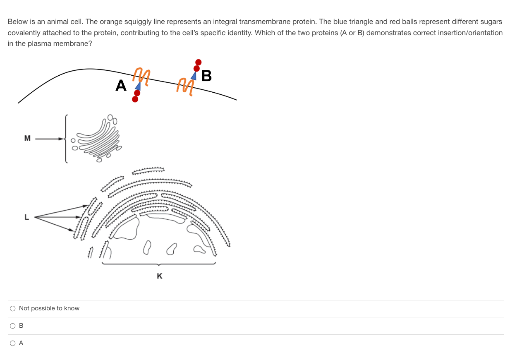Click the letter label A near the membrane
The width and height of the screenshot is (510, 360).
[x=121, y=86]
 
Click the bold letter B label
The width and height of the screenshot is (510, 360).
[x=206, y=76]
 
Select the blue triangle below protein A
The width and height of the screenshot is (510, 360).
[x=138, y=86]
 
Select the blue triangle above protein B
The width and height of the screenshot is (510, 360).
[x=194, y=75]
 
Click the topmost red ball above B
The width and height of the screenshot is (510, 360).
[x=199, y=62]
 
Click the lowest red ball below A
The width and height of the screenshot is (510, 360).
[x=135, y=99]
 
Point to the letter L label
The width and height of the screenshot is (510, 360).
[x=26, y=216]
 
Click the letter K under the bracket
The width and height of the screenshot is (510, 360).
[x=160, y=276]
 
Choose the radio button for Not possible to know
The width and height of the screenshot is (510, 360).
[x=13, y=308]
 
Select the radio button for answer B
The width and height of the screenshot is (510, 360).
[x=13, y=326]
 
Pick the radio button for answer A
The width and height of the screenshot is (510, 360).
[x=13, y=343]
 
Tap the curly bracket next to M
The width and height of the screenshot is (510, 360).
[x=65, y=139]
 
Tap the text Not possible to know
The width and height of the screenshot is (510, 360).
[x=49, y=308]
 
